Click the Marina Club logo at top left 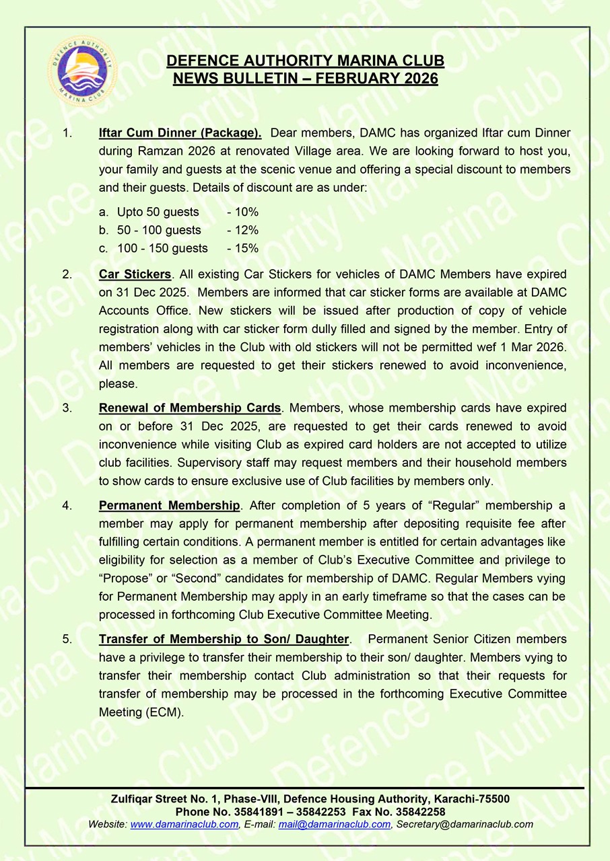pyautogui.click(x=82, y=71)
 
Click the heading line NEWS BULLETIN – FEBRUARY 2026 pyautogui.click(x=305, y=79)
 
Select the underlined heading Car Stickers pyautogui.click(x=135, y=274)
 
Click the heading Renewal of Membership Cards pyautogui.click(x=189, y=408)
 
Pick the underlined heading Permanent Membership pyautogui.click(x=169, y=506)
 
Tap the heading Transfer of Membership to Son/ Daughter pyautogui.click(x=224, y=639)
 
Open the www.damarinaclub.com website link pyautogui.click(x=184, y=824)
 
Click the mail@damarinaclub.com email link pyautogui.click(x=334, y=824)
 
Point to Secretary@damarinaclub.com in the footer pyautogui.click(x=464, y=824)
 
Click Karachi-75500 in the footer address pyautogui.click(x=470, y=799)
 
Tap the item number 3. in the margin pyautogui.click(x=67, y=408)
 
